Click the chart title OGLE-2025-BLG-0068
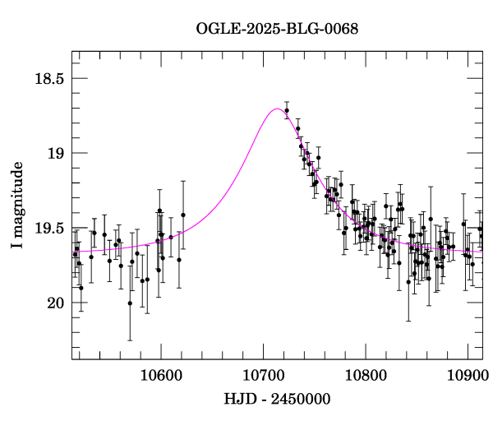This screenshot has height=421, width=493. pos(277,29)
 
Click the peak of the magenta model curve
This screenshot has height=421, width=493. pos(277,109)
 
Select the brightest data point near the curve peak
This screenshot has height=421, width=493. pos(287,110)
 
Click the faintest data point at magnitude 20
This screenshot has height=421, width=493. pos(130,303)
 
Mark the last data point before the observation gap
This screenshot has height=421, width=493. pos(183,215)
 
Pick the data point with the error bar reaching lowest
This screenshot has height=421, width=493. pos(130,303)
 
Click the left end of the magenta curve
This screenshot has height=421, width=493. pos(72,251)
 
